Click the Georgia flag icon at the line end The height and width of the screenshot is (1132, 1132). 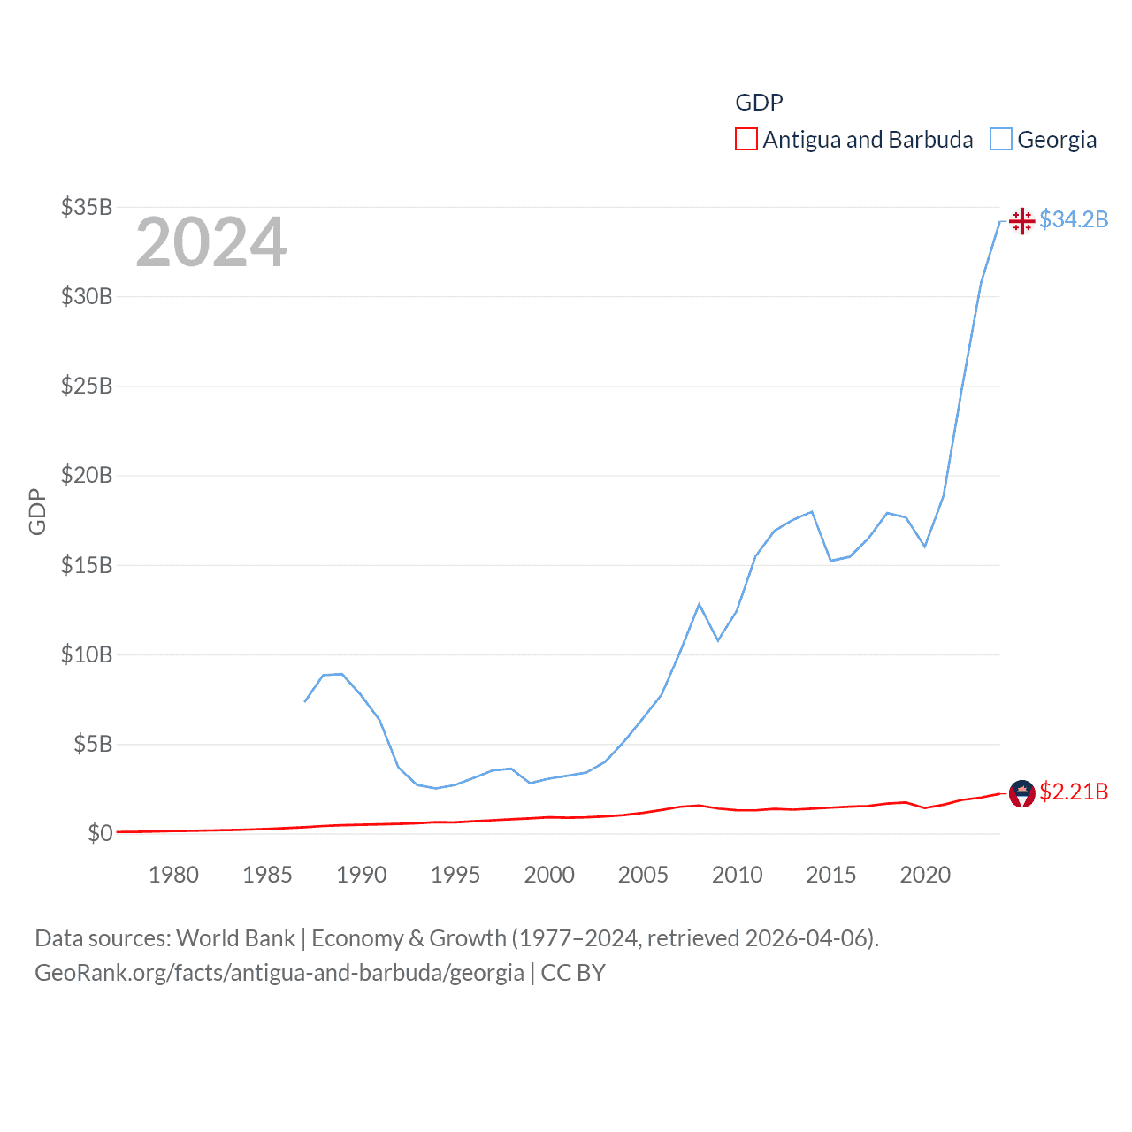pos(1021,220)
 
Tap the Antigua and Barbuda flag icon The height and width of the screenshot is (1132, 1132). pos(1021,793)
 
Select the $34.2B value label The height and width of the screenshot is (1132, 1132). pos(1074,219)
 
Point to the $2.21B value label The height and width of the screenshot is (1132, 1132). pos(1074,792)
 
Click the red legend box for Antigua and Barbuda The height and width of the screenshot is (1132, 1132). pos(746,140)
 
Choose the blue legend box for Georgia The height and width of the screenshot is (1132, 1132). pos(1001,140)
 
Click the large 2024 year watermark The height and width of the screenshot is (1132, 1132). pos(211,242)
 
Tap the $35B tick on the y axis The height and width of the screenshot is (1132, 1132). pos(87,207)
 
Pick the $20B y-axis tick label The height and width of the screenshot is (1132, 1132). pos(87,475)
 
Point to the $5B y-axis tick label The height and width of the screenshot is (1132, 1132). pos(93,744)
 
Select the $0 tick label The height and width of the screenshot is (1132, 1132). pos(100,833)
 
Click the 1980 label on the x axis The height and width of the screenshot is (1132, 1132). pos(173,875)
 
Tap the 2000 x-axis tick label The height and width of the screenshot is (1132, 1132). pos(549,875)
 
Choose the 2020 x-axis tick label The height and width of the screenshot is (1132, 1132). pos(925,875)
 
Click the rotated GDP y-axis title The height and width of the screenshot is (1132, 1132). pos(37,511)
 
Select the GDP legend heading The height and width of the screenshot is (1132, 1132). pos(759,103)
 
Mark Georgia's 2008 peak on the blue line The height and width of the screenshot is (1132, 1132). pos(699,604)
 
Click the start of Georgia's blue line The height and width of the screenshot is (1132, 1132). pos(305,701)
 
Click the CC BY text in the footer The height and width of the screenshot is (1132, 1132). pos(573,973)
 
